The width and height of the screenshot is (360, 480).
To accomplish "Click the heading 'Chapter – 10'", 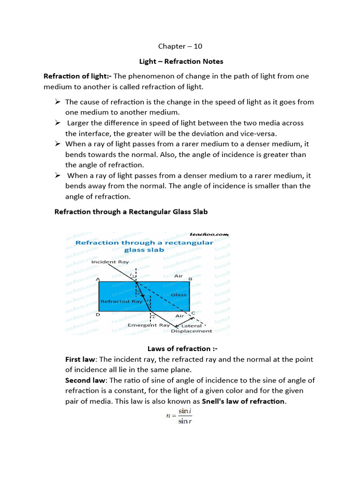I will [x=180, y=46].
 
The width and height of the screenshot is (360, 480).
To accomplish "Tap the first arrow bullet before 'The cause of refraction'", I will [x=58, y=102].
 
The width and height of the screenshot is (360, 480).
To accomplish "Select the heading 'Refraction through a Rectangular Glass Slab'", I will [x=131, y=212].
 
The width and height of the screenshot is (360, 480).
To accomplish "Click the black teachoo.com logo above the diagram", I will [x=210, y=234].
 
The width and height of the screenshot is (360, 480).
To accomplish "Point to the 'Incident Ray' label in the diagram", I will [x=110, y=262].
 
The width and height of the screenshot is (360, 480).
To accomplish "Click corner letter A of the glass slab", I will [x=98, y=279].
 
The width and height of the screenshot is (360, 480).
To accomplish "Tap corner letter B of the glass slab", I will [x=190, y=279].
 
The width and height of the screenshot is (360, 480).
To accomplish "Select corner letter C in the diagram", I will [x=192, y=313].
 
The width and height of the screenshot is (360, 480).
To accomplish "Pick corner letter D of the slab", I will [x=97, y=315].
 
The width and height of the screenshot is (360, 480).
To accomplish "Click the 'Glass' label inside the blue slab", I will [x=178, y=295].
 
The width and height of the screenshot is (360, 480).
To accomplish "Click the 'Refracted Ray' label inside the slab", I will [x=115, y=301].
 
